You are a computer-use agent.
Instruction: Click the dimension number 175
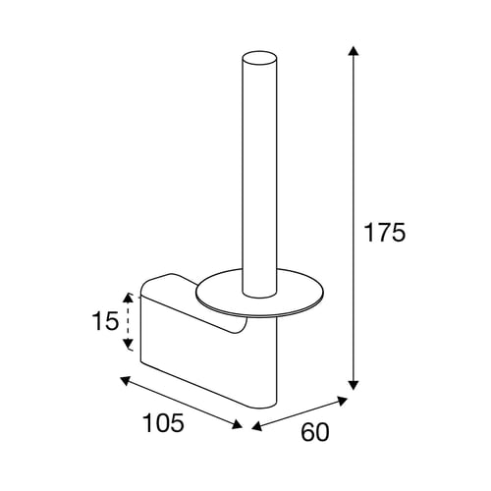coord(385,233)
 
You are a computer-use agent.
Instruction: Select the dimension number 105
coord(164,422)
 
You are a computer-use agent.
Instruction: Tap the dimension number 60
coord(315,432)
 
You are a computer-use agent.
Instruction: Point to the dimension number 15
coord(105,321)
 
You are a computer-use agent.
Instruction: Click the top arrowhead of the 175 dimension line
coord(353,51)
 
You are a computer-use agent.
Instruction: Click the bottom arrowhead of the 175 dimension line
coord(353,385)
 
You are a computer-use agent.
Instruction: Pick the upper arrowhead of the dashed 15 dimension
coord(128,298)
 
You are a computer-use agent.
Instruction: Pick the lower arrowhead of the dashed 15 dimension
coord(128,344)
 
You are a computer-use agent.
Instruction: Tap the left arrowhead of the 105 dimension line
coord(126,381)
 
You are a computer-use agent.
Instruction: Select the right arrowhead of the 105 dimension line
coord(237,424)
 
